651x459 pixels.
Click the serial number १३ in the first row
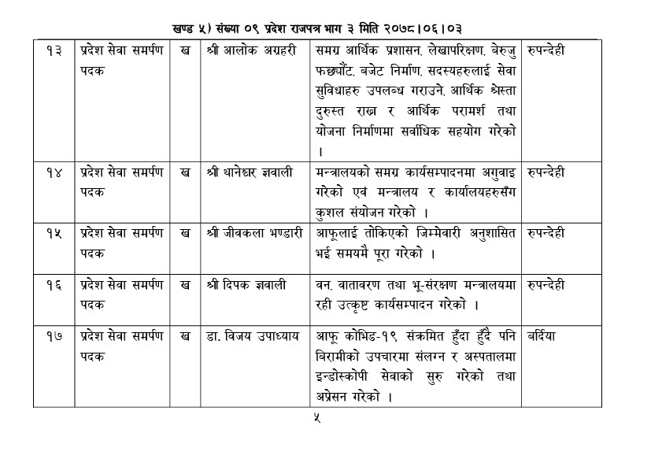pyautogui.click(x=52, y=51)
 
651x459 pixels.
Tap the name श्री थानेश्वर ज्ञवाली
pyautogui.click(x=252, y=172)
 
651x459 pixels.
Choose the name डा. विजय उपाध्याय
pyautogui.click(x=251, y=336)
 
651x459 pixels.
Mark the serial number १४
pyautogui.click(x=52, y=172)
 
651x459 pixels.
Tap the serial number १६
pyautogui.click(x=52, y=283)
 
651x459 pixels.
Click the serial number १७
pyautogui.click(x=52, y=336)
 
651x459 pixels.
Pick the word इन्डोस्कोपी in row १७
pyautogui.click(x=346, y=376)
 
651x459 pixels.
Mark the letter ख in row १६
pyautogui.click(x=184, y=283)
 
